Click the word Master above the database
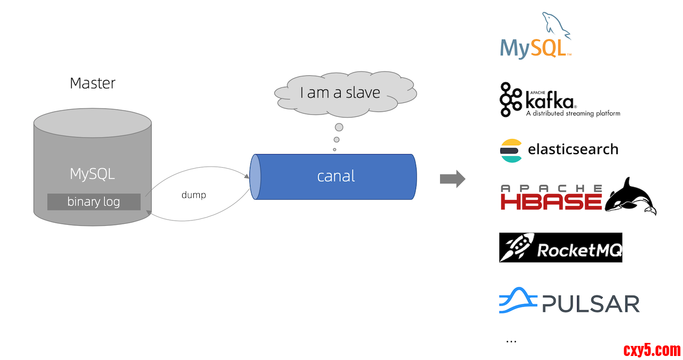(92, 83)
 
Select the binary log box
(93, 202)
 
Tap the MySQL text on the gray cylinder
(92, 174)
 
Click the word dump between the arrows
(194, 195)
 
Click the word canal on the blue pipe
(336, 176)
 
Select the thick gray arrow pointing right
(452, 179)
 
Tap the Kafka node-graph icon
(510, 99)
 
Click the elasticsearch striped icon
(511, 150)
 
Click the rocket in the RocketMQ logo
(517, 248)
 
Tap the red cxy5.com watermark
(652, 349)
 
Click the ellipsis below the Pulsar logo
(511, 341)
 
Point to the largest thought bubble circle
(339, 127)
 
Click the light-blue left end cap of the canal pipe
(255, 177)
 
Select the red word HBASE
(551, 201)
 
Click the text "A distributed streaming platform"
(573, 113)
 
